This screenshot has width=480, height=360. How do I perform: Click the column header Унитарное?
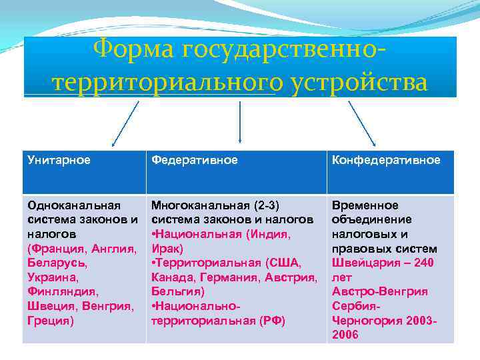click(x=59, y=161)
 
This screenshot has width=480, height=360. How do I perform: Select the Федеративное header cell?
click(x=194, y=161)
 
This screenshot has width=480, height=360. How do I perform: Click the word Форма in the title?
click(x=134, y=48)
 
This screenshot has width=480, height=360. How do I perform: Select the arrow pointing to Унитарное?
click(x=125, y=123)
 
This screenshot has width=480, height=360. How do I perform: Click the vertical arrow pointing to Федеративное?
click(x=240, y=123)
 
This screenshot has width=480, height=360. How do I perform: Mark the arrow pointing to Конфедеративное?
click(x=362, y=123)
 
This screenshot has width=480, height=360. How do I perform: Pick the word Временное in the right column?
click(x=365, y=205)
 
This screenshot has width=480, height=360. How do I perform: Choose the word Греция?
click(x=47, y=320)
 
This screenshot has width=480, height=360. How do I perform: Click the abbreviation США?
click(x=288, y=263)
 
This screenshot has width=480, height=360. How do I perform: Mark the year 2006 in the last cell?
click(x=345, y=335)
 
